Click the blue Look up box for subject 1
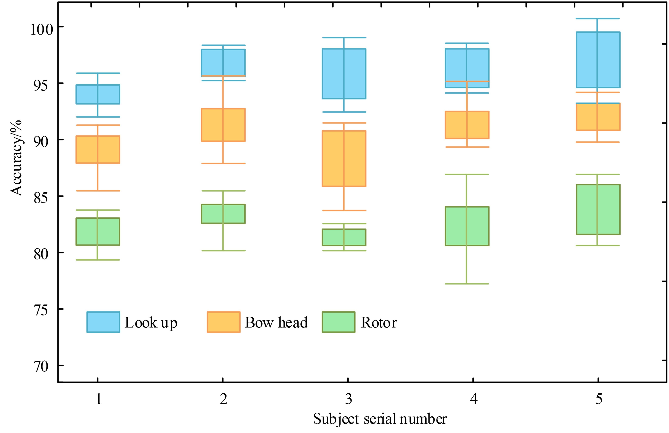pyautogui.click(x=98, y=94)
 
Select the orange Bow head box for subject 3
pyautogui.click(x=344, y=159)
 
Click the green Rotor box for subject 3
pyautogui.click(x=344, y=237)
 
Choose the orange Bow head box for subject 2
pyautogui.click(x=223, y=125)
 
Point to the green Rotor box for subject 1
pyautogui.click(x=98, y=232)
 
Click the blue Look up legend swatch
pyautogui.click(x=103, y=322)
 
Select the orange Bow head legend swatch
pyautogui.click(x=224, y=322)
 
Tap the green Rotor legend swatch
pyautogui.click(x=339, y=322)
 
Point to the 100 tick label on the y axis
pyautogui.click(x=42, y=29)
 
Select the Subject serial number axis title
pyautogui.click(x=380, y=419)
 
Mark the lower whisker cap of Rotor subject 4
pyautogui.click(x=467, y=284)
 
